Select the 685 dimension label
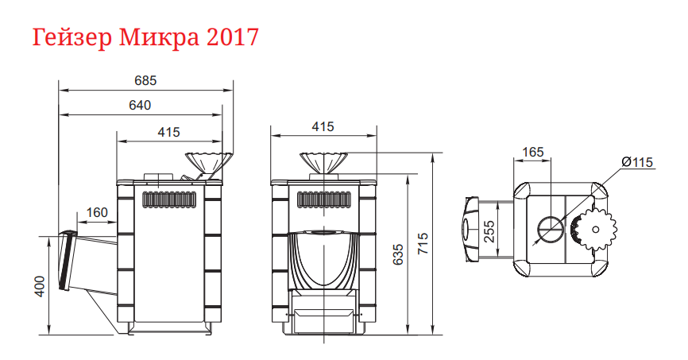tap(145, 80)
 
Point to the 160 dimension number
tap(96, 212)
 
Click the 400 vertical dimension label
tap(41, 285)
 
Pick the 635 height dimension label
tap(398, 255)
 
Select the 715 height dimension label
tap(423, 242)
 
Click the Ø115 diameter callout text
tap(636, 162)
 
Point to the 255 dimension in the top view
tap(489, 230)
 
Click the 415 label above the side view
tap(168, 132)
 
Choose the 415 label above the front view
tap(323, 126)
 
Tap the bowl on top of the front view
tap(323, 162)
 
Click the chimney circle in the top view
tap(550, 229)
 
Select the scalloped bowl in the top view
tap(595, 229)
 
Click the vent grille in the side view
tap(169, 199)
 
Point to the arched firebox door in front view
tap(323, 259)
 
